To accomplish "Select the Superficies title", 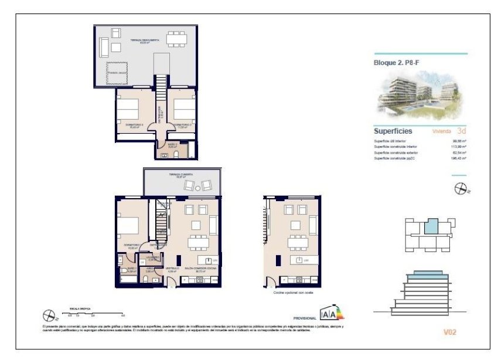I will click(393, 131).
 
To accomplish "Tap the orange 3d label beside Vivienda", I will click(462, 131).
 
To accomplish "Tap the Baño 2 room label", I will click(172, 145).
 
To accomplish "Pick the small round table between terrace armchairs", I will click(197, 185).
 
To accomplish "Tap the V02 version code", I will click(449, 332).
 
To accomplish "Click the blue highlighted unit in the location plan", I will click(431, 226).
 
